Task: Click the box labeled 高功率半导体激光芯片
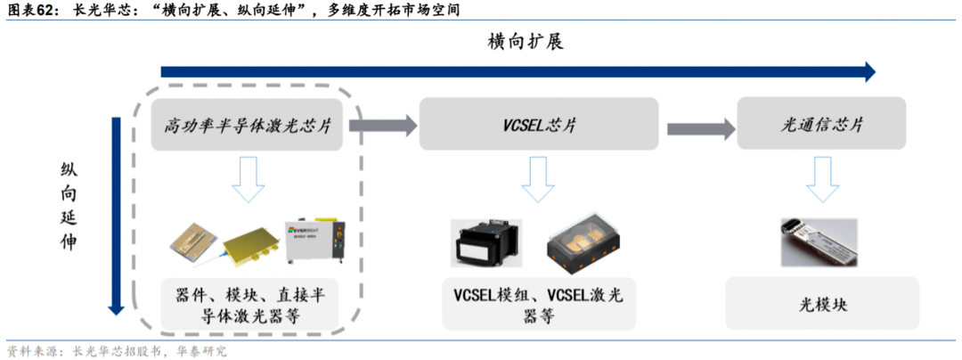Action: click(247, 124)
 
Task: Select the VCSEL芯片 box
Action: click(539, 124)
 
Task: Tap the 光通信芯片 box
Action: click(821, 124)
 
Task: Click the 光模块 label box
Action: click(821, 304)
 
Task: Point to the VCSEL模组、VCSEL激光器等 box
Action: click(539, 304)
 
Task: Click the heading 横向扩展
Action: click(526, 41)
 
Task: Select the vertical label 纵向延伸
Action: click(69, 205)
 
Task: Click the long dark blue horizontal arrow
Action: click(517, 71)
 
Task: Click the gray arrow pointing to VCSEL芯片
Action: click(383, 125)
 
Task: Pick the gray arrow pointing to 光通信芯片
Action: click(698, 125)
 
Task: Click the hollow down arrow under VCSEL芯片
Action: click(538, 179)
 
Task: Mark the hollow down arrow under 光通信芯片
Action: click(821, 179)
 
